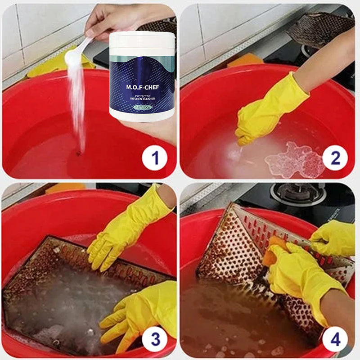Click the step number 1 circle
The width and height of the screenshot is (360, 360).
(155, 158)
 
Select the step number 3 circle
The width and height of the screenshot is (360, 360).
(155, 338)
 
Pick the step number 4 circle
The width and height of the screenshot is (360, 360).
(335, 338)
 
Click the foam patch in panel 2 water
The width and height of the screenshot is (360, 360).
(295, 160)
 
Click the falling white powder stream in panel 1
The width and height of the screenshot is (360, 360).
(77, 103)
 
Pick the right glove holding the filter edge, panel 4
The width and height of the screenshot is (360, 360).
(333, 238)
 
